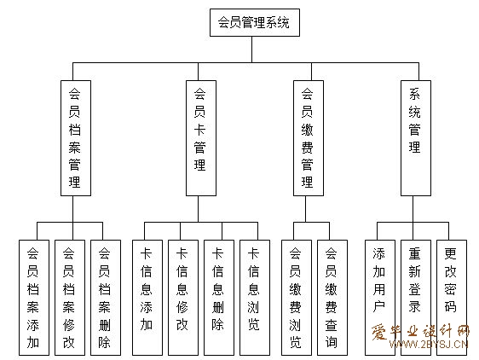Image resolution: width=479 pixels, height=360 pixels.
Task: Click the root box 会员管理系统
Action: [255, 23]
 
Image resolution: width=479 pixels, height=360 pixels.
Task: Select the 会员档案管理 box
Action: [76, 138]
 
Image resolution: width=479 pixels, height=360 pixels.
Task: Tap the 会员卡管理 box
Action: [201, 138]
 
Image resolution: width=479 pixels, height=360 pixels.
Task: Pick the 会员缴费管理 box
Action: [309, 138]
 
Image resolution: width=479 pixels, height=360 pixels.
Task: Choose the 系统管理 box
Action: [416, 138]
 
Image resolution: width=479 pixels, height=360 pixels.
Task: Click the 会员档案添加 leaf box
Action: [34, 298]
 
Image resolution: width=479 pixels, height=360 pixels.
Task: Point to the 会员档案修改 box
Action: [70, 298]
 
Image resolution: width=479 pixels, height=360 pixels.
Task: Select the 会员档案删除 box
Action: [106, 298]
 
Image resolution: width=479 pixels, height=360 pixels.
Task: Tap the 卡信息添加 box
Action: [147, 298]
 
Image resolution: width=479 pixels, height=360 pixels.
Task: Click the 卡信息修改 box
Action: [183, 298]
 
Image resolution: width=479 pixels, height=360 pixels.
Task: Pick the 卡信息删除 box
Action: [219, 298]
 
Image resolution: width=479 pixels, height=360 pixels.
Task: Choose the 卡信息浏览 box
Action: [255, 298]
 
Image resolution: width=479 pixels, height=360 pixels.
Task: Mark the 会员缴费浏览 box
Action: [297, 298]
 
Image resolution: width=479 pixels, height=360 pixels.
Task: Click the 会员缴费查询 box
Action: [332, 298]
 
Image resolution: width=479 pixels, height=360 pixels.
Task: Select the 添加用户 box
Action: [380, 298]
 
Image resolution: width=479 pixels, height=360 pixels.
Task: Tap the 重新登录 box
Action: [416, 298]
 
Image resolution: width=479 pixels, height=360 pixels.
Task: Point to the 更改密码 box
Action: [452, 298]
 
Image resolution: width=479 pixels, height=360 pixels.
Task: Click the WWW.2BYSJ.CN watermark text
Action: [429, 345]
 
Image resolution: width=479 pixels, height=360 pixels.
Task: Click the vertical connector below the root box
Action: [252, 49]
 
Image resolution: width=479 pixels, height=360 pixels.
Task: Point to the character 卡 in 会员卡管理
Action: [199, 130]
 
